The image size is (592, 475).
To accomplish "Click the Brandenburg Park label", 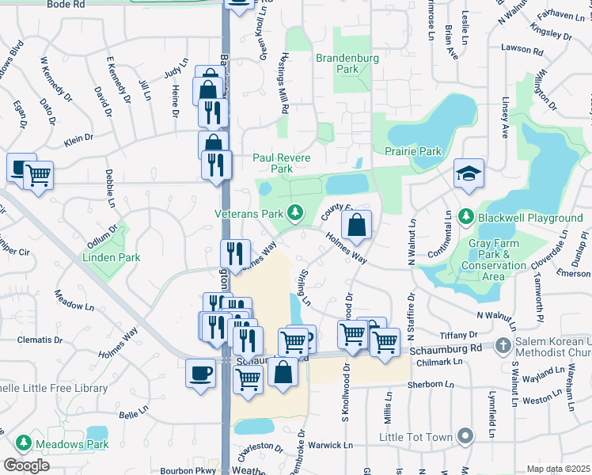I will [347, 63].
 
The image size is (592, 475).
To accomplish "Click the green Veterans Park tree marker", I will [295, 212].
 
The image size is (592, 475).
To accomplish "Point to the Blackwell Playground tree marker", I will [466, 216].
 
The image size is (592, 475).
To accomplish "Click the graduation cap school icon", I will [469, 174].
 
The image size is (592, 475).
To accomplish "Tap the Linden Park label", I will [112, 257].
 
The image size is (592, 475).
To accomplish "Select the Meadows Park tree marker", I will [25, 444].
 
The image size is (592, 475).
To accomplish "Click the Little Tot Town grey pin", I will [467, 436].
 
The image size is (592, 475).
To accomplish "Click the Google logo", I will [26, 465].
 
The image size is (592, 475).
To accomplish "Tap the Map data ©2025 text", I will [559, 469].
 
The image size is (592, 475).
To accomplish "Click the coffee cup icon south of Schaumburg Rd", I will [200, 372].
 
